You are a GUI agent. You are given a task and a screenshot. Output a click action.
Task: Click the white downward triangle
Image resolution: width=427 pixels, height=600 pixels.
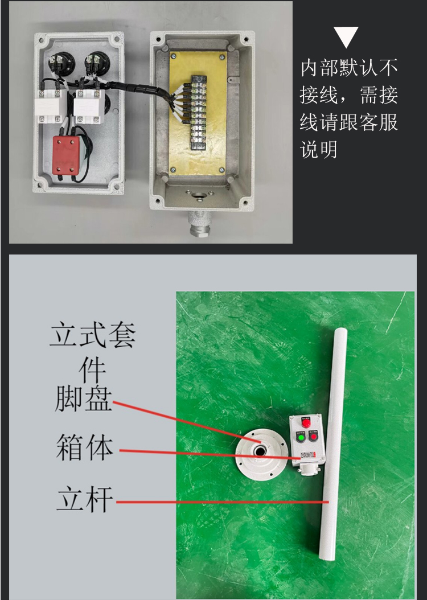346,36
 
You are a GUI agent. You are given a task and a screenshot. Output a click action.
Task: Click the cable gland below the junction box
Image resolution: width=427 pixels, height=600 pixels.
199,225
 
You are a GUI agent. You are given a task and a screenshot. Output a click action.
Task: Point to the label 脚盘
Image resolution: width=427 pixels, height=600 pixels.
84,398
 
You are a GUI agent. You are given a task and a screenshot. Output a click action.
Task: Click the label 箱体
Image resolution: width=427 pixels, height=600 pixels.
85,447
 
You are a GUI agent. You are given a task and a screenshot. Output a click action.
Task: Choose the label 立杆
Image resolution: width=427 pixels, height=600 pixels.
85,499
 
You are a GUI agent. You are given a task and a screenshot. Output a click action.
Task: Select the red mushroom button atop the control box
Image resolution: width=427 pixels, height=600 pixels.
306,422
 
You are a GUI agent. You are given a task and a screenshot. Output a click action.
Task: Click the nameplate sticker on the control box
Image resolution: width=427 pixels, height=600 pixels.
307,455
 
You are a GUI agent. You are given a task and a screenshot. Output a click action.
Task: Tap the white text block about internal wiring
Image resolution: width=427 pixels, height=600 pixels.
348,109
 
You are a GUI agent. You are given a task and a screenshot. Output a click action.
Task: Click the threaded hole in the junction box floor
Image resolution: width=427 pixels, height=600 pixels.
199,197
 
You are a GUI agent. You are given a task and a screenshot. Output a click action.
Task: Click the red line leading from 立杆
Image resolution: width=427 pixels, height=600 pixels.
222,502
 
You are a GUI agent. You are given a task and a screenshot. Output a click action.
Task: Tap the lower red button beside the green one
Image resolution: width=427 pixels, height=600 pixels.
314,435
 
